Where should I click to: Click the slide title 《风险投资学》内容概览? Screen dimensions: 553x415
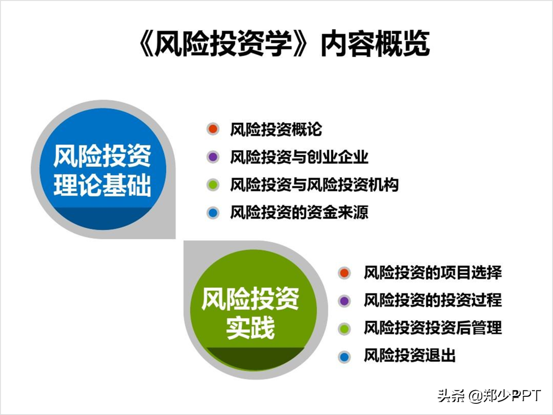click(x=284, y=43)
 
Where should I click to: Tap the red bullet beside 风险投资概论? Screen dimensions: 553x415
click(x=213, y=129)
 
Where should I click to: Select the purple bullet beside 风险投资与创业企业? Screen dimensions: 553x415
click(x=213, y=157)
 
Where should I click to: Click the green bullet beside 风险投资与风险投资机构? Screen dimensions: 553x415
click(x=213, y=185)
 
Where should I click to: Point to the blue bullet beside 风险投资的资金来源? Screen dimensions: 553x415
click(x=213, y=213)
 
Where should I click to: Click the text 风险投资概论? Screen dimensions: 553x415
click(x=276, y=129)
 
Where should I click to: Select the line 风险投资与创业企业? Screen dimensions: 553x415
click(x=299, y=157)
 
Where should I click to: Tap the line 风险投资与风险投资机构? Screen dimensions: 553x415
click(x=314, y=185)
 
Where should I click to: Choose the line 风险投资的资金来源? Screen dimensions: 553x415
click(x=299, y=213)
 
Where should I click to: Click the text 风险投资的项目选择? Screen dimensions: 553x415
click(x=433, y=272)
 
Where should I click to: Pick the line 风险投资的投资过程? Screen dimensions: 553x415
click(x=433, y=300)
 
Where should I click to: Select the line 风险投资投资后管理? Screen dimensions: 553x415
click(x=433, y=328)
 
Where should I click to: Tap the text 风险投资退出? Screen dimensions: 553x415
click(x=410, y=356)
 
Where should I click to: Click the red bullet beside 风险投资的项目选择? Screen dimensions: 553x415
click(x=344, y=273)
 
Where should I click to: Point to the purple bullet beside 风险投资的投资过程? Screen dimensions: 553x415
click(x=344, y=301)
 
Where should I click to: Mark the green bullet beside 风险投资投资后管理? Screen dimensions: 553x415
click(x=344, y=329)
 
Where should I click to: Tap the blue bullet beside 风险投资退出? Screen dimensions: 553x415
click(x=344, y=357)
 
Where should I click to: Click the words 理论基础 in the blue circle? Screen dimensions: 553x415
click(x=102, y=185)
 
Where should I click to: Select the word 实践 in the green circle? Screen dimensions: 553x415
click(x=251, y=328)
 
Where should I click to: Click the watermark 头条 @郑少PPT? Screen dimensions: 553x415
click(x=489, y=396)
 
